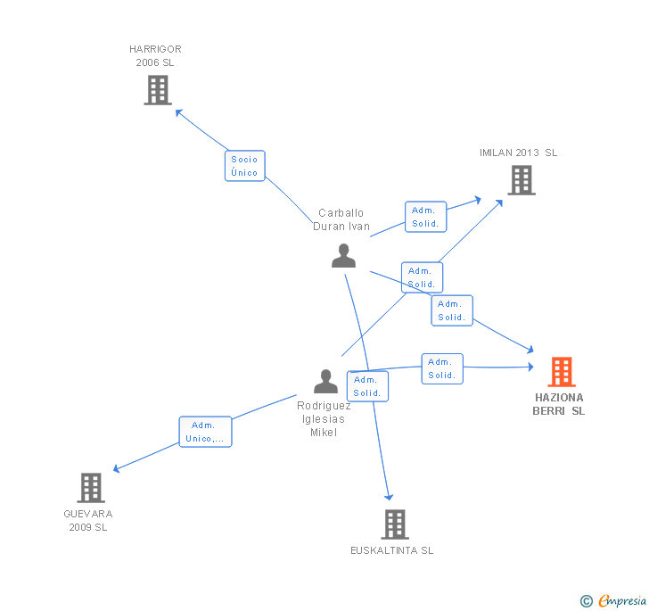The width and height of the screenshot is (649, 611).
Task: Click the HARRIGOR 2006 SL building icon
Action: (x=158, y=90)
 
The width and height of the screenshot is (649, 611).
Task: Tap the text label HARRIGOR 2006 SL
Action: (x=155, y=56)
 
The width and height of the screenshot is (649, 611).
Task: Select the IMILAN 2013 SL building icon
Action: (x=522, y=180)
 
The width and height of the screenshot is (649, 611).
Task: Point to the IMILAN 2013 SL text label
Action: (x=518, y=153)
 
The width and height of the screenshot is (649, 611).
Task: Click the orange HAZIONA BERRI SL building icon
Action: (x=561, y=371)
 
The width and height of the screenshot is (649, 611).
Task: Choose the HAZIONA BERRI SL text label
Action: (x=559, y=404)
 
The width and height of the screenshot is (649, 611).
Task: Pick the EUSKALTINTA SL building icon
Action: (x=395, y=524)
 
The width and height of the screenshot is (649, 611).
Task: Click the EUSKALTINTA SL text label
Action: (x=391, y=550)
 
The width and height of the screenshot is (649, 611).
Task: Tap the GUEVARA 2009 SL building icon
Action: (x=91, y=488)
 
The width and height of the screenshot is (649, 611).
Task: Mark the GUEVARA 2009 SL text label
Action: (x=88, y=520)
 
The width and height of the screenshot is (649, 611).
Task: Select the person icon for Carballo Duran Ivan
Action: (x=343, y=255)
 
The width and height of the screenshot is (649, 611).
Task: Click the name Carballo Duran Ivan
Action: (x=341, y=219)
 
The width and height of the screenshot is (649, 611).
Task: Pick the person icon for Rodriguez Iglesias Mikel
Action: (x=325, y=382)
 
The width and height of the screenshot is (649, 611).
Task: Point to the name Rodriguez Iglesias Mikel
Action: (x=324, y=418)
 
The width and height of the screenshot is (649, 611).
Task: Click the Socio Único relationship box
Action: (x=244, y=166)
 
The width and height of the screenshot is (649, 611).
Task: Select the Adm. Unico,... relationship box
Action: (x=205, y=432)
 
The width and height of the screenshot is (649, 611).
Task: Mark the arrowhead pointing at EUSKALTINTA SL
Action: (x=389, y=497)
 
